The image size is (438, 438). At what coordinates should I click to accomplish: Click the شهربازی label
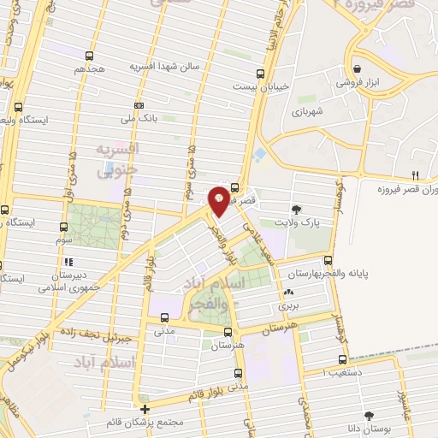click(305, 111)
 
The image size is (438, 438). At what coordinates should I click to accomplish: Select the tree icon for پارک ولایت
click(296, 208)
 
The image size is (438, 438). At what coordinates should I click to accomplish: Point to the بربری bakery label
click(286, 305)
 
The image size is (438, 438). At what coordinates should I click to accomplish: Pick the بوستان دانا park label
click(369, 429)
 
